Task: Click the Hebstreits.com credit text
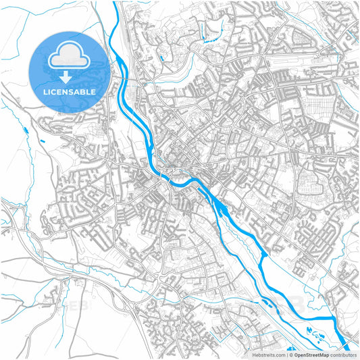coord(267,354)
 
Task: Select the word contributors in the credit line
coord(343,354)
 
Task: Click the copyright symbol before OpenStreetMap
coord(292,354)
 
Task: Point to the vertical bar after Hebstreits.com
coord(286,354)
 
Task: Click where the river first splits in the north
coord(121,59)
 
